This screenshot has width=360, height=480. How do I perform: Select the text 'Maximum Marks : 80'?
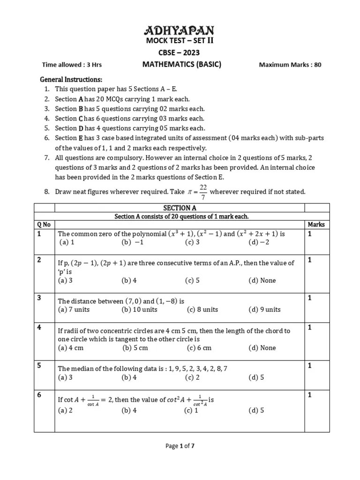point(290,65)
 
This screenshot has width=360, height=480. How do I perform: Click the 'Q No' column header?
point(44,225)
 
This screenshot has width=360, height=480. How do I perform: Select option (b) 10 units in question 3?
point(140,309)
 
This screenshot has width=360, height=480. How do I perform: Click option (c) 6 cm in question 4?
point(199,348)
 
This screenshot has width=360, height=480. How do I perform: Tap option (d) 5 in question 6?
point(256,410)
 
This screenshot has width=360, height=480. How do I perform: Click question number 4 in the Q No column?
point(40,327)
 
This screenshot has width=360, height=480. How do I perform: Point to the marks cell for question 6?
point(310,395)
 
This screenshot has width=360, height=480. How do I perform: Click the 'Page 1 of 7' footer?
point(180,446)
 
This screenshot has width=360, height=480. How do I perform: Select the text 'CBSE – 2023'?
point(178,52)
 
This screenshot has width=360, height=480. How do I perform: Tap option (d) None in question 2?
point(262,280)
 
